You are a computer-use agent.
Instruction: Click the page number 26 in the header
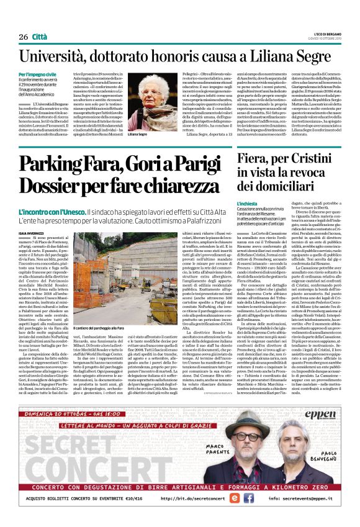pyautogui.click(x=23, y=37)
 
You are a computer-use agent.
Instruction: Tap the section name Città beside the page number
pyautogui.click(x=40, y=37)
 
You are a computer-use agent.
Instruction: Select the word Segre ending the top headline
pyautogui.click(x=310, y=58)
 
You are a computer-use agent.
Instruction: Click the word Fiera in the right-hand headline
pyautogui.click(x=272, y=160)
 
